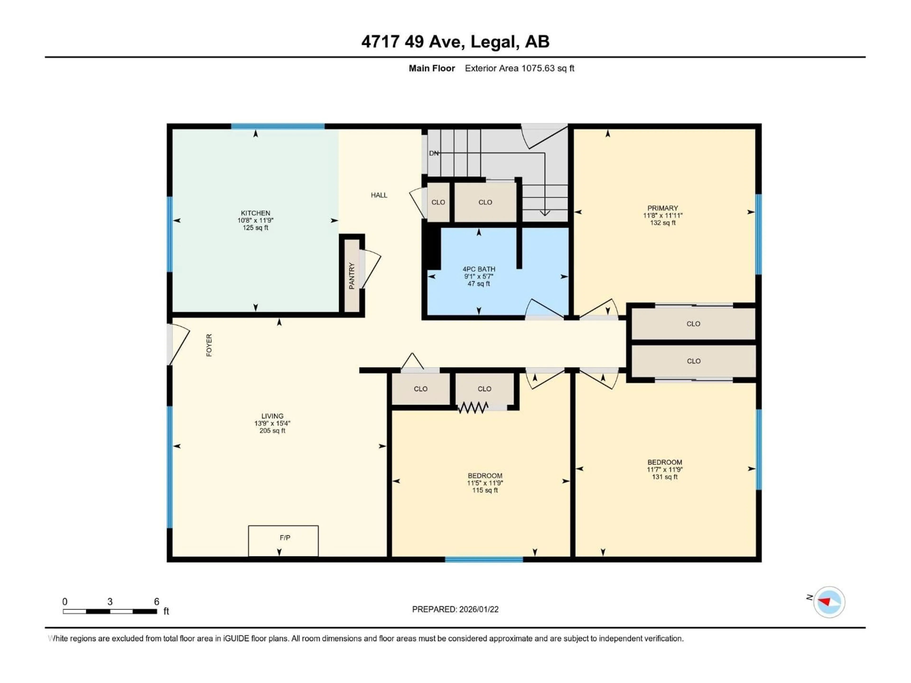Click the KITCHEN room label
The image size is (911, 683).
tap(255, 213)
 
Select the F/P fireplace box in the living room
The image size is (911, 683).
tap(283, 540)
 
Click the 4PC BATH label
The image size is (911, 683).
tap(479, 269)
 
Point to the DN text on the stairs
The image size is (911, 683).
tap(434, 153)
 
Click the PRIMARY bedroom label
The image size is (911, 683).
tap(662, 208)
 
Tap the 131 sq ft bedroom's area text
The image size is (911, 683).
tap(664, 477)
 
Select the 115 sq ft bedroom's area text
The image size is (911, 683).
tap(485, 490)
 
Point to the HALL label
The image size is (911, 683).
tap(379, 195)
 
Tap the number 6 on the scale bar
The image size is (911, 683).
tap(157, 601)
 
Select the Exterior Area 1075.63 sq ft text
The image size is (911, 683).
tap(519, 68)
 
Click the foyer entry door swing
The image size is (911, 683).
tap(179, 344)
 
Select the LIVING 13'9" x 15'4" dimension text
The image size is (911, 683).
tap(272, 423)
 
